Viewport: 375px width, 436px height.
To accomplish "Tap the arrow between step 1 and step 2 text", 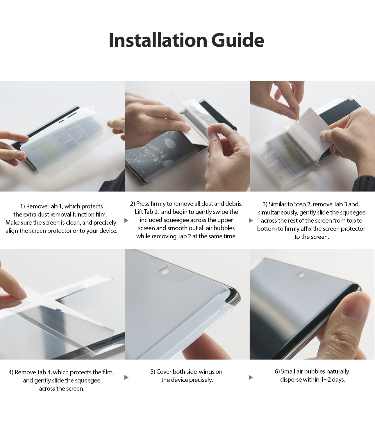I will coord(126,220).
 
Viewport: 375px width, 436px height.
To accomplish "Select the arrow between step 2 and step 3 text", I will coord(251,220).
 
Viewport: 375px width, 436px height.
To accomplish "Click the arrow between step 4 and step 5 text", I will coord(126,377).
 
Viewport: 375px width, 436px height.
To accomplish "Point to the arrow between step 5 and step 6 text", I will coord(251,377).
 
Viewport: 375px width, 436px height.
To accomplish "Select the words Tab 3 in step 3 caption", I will coord(340,204).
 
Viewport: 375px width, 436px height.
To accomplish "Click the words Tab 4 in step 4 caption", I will coord(44,372).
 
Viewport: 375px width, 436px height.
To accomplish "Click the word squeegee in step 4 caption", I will coord(86,380).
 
